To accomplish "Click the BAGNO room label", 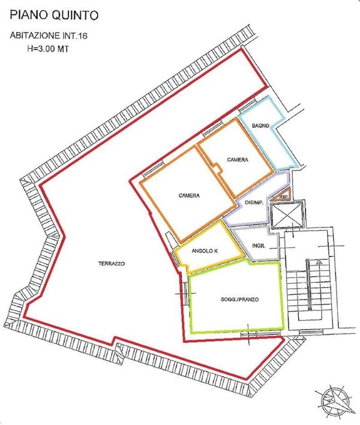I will [260, 125].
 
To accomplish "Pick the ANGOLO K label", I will [205, 251].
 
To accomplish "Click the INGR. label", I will [259, 246].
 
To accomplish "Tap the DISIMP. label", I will [254, 203].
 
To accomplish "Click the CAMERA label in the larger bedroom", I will [189, 196].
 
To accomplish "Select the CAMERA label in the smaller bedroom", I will [238, 159].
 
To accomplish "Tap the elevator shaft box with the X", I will [287, 214].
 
